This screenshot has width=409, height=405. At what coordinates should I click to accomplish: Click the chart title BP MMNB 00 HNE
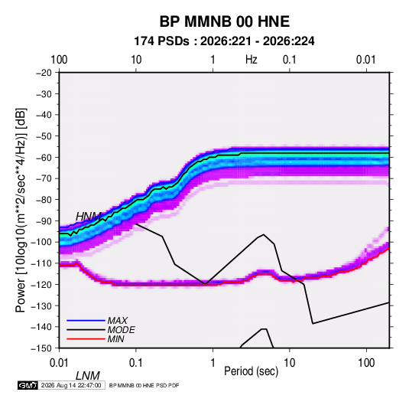224,21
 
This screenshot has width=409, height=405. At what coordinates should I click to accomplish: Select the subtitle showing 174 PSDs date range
224,41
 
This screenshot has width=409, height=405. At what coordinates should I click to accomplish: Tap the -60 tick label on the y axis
44,157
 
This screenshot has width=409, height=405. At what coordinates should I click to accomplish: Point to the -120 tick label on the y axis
41,284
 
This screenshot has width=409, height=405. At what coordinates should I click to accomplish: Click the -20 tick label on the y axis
44,73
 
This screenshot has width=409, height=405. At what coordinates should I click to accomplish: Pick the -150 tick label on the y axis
41,348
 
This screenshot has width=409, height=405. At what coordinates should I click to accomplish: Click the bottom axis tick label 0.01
59,363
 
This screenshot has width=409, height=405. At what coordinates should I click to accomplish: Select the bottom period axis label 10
289,363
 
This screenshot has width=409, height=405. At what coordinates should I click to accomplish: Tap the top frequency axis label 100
59,60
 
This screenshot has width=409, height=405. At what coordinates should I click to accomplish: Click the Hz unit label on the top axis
252,60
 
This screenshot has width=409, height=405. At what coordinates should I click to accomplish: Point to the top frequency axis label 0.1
290,60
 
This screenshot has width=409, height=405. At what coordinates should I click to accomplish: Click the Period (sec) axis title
252,371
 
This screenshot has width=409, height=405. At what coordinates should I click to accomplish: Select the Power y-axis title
21,210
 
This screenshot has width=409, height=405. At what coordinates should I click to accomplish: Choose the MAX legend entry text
118,320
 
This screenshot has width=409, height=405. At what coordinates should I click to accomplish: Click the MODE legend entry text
122,330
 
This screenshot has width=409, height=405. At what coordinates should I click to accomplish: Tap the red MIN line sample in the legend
86,339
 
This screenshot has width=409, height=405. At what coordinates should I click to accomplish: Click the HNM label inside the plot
89,217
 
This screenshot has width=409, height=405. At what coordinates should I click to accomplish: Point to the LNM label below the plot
88,376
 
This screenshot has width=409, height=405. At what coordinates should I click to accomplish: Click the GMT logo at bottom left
28,385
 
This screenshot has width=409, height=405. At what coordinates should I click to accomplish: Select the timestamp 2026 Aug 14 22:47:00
71,385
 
